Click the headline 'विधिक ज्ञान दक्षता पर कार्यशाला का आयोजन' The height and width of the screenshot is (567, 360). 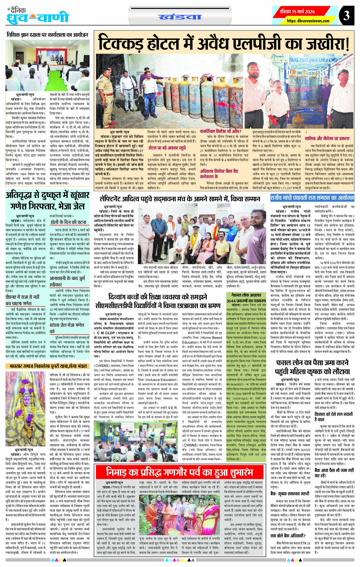point(47,35)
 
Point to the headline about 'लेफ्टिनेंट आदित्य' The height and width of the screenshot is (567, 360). point(180,199)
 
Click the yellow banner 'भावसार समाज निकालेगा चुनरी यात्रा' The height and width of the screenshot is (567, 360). point(47,366)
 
